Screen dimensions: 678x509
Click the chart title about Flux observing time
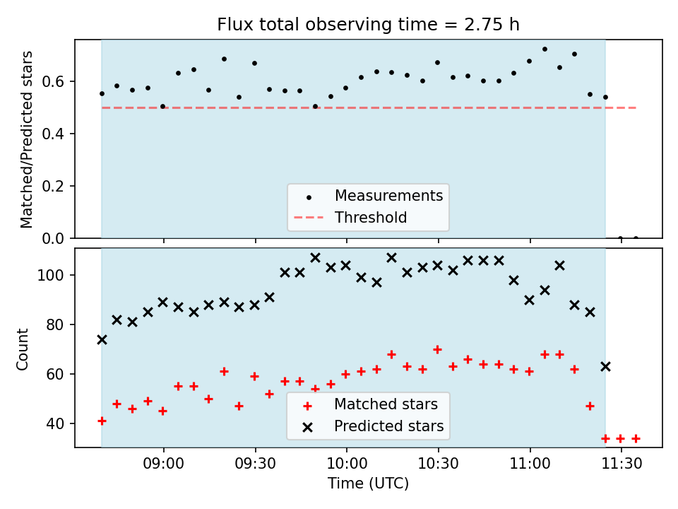tap(368, 25)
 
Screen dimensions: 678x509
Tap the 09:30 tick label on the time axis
tap(255, 464)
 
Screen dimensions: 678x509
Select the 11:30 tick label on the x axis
tap(621, 464)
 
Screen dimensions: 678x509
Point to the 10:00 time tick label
tap(347, 464)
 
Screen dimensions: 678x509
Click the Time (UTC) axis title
tap(368, 483)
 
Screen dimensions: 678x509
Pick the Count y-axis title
tap(22, 349)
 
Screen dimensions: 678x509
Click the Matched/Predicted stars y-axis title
tap(26, 139)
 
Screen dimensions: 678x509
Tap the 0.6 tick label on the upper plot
tap(52, 82)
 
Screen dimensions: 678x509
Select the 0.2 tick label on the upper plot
tap(52, 186)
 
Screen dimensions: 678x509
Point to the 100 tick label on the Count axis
tap(51, 275)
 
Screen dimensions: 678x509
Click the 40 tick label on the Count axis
tap(55, 423)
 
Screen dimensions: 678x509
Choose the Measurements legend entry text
tap(388, 196)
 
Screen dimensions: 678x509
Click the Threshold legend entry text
tap(371, 217)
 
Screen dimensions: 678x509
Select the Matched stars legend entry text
tap(386, 404)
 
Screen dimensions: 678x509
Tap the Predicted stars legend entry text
tap(388, 426)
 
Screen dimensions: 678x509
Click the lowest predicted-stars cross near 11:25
tap(605, 367)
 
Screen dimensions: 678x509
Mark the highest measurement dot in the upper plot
tap(545, 49)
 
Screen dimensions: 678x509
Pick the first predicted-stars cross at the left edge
tap(102, 340)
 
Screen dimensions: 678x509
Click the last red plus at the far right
tap(636, 439)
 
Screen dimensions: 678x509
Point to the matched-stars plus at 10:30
tap(438, 349)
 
